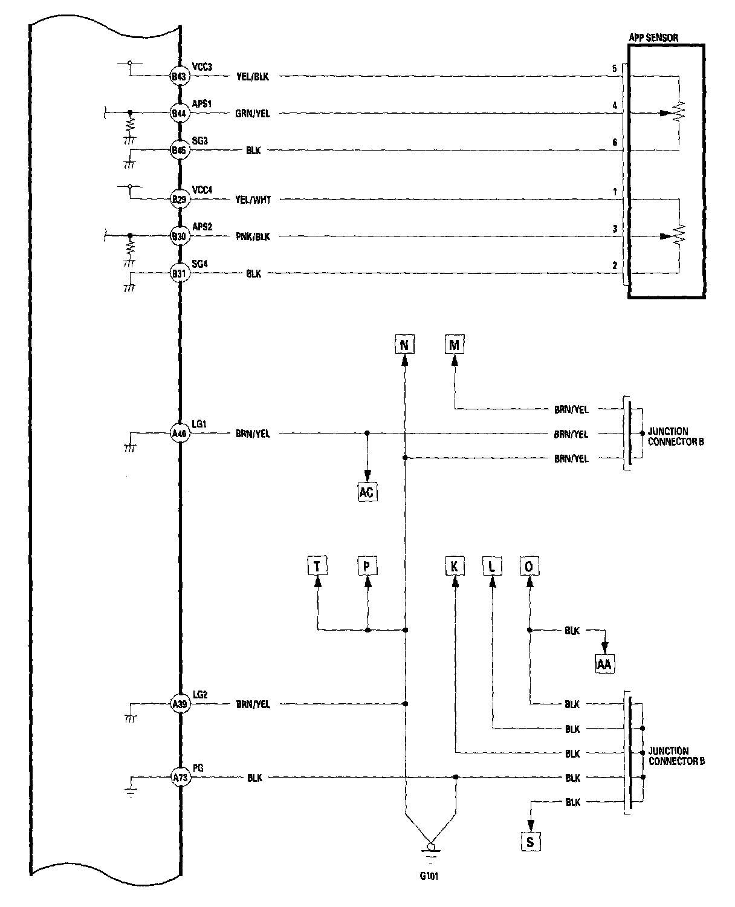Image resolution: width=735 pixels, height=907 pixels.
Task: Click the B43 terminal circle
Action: [180, 77]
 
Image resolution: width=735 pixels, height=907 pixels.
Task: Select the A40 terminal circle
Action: [180, 434]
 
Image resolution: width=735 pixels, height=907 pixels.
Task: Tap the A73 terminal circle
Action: [180, 778]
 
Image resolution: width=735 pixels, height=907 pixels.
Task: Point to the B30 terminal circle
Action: [180, 236]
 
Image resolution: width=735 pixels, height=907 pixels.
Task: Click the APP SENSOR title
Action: [653, 37]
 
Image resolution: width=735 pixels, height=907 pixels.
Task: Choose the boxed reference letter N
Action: [404, 345]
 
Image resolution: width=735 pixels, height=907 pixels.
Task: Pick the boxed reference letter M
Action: [455, 345]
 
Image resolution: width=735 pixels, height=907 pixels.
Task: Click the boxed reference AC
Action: [367, 492]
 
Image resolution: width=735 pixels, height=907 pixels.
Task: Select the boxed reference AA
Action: [604, 664]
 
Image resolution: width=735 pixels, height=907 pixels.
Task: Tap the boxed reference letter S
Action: [530, 842]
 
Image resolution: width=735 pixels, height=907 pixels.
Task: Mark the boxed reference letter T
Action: [317, 567]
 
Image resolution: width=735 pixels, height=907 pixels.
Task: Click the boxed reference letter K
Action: [455, 567]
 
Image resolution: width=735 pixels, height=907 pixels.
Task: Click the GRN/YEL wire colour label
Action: [253, 114]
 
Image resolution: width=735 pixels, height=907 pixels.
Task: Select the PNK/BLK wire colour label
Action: [253, 237]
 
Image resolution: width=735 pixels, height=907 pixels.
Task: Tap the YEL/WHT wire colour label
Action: [253, 200]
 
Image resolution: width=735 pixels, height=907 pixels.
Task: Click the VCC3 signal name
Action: [202, 67]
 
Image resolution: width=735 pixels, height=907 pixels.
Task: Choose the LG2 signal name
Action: [200, 695]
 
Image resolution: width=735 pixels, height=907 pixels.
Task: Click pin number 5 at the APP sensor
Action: [615, 69]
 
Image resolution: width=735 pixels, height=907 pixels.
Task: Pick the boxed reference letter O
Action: [529, 567]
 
